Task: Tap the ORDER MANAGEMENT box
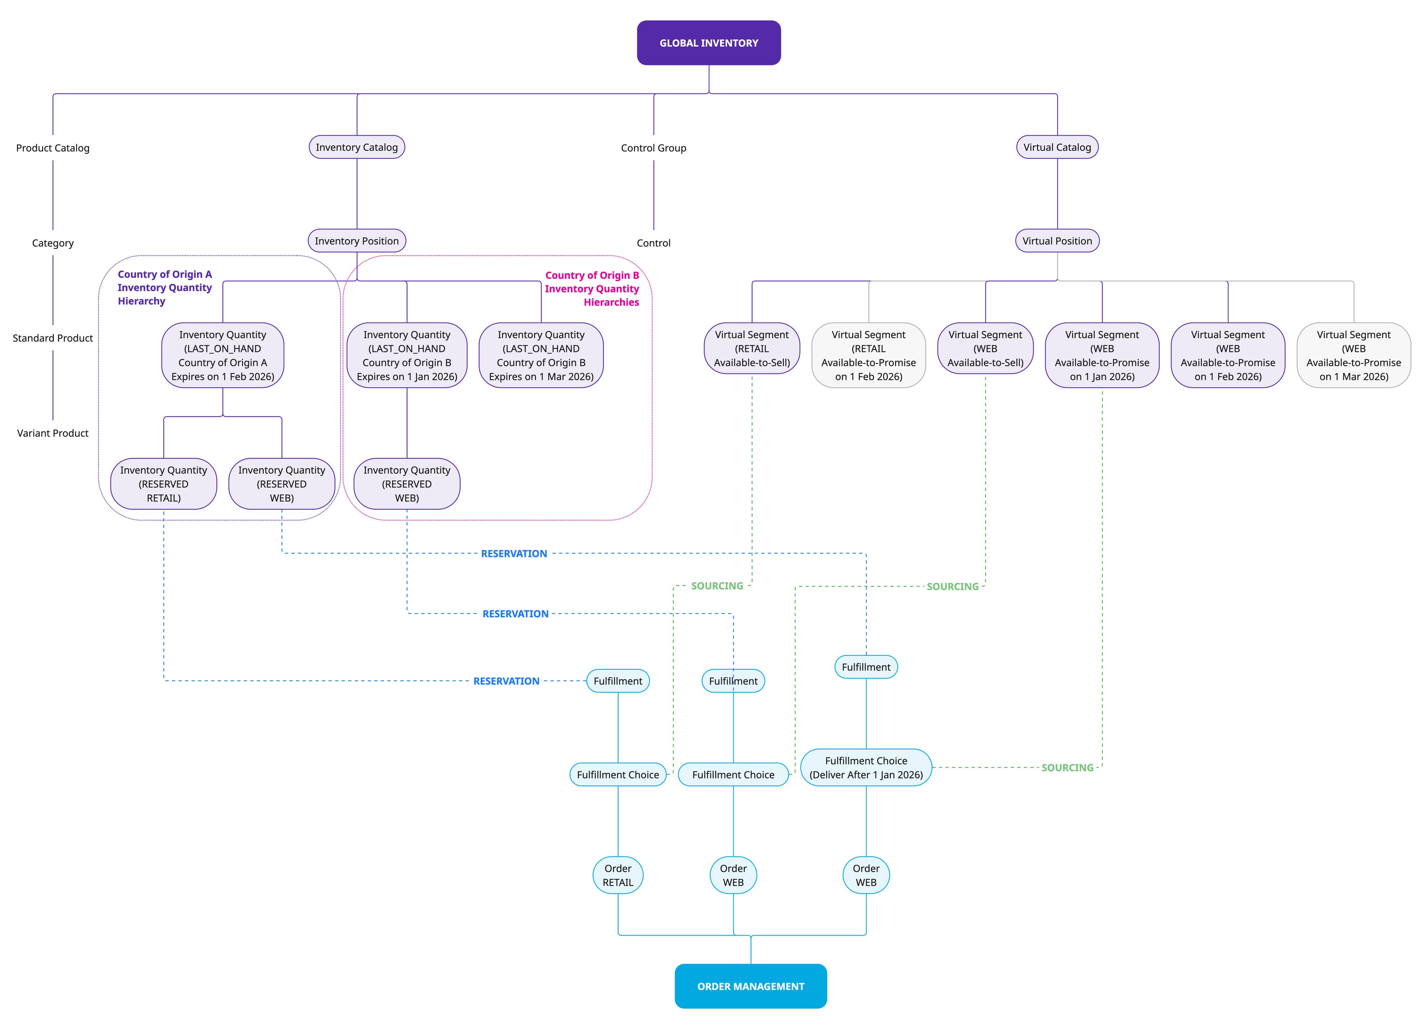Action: coord(750,986)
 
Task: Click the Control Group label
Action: coord(653,148)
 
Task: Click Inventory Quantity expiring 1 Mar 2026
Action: coord(541,356)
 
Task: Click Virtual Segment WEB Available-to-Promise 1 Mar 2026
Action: coord(1354,356)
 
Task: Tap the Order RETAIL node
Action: coord(618,875)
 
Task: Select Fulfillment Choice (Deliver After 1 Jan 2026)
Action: coord(866,768)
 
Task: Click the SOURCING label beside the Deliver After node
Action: coord(1067,768)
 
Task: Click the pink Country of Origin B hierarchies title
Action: coord(592,289)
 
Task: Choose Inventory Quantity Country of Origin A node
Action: coord(223,356)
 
